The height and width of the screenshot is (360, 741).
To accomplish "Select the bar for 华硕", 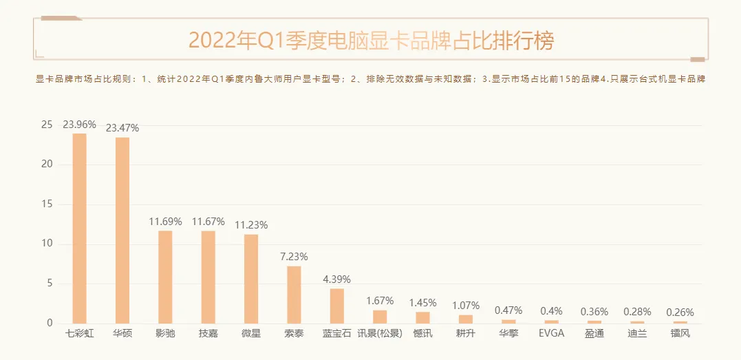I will pos(122,231).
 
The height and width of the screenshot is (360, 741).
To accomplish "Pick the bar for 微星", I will pos(251,279).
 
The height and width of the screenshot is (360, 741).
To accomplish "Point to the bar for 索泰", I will pos(294,295).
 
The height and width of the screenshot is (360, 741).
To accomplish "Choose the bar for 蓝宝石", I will pos(336,306).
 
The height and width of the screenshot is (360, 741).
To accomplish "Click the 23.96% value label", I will pos(79,125).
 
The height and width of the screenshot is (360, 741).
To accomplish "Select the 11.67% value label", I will pos(208,222).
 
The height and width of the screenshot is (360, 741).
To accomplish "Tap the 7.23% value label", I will pos(294,257).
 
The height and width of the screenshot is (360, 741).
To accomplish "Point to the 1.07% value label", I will pos(466,306).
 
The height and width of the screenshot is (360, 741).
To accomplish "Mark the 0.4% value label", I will pos(551,311).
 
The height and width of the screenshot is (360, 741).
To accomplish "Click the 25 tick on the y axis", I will pos(47,125).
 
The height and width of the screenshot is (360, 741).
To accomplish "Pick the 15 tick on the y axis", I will pos(47,204).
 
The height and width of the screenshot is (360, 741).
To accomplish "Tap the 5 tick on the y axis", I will pos(50,284).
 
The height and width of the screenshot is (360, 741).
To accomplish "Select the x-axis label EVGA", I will pos(551,335).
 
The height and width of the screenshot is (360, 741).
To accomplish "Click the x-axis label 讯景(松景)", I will pos(380,335).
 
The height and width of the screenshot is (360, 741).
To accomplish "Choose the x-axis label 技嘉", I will pos(208,335).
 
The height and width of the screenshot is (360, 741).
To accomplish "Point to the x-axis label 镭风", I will pos(680,335).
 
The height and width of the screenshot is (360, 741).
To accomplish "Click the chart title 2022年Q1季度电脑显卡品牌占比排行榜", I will pos(371,41).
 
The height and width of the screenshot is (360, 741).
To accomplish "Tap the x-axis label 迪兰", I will pos(637,335).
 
